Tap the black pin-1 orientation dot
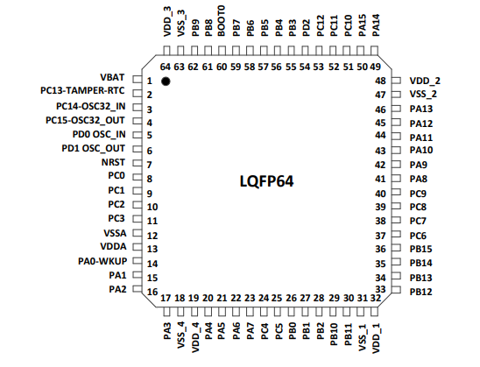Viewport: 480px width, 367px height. (166, 81)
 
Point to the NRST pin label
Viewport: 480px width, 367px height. (113, 163)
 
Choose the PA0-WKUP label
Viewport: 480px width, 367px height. (102, 260)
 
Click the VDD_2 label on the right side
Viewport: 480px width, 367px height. (425, 80)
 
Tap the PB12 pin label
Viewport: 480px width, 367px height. (420, 291)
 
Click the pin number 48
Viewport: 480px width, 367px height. (380, 80)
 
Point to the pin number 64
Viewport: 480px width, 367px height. (165, 67)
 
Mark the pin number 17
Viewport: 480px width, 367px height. (166, 298)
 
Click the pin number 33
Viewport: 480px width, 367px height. (380, 290)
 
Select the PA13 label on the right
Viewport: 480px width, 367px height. (420, 109)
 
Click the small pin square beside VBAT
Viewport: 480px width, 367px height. (137, 80)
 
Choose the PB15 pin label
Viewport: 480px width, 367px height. (420, 249)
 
